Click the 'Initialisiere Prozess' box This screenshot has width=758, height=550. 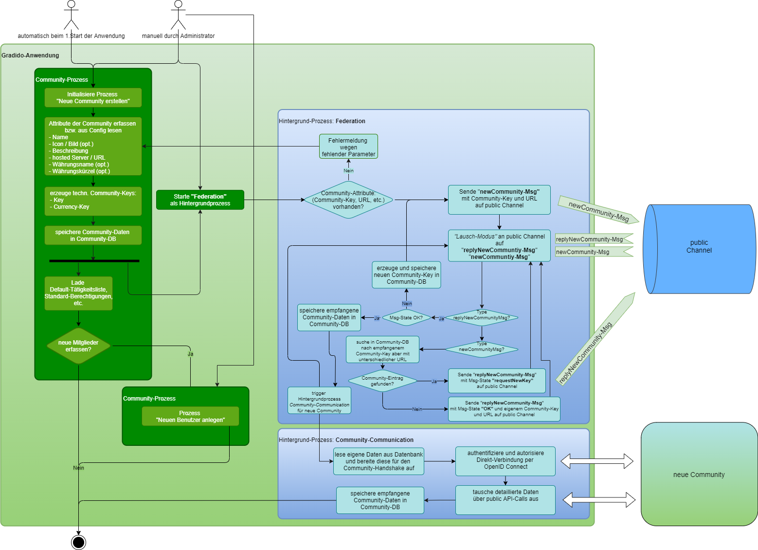[x=93, y=98]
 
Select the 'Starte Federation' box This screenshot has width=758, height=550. [x=200, y=200]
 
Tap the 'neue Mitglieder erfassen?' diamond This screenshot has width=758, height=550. [x=78, y=346]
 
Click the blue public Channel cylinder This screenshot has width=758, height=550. [x=699, y=249]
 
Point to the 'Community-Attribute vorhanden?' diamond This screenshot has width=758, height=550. [x=348, y=200]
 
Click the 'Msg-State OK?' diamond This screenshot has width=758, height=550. [x=406, y=318]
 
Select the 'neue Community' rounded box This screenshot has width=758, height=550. [x=699, y=475]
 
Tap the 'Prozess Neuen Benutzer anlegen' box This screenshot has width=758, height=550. [x=190, y=416]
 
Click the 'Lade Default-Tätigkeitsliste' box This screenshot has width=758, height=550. [x=78, y=293]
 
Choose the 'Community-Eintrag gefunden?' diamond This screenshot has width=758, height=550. [x=382, y=381]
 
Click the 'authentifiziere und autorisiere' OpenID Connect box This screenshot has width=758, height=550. [x=505, y=460]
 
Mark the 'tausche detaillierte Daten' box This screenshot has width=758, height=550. [x=505, y=499]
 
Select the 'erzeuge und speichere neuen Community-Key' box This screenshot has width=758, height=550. [x=406, y=275]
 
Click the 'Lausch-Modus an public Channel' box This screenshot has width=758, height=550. [x=499, y=246]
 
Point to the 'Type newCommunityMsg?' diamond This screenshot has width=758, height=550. [x=481, y=348]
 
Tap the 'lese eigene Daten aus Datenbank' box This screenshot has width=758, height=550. [x=379, y=461]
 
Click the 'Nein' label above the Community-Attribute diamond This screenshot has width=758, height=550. [x=348, y=171]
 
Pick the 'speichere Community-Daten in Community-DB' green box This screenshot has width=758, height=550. [x=93, y=236]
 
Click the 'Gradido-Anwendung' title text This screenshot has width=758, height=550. [x=30, y=55]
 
